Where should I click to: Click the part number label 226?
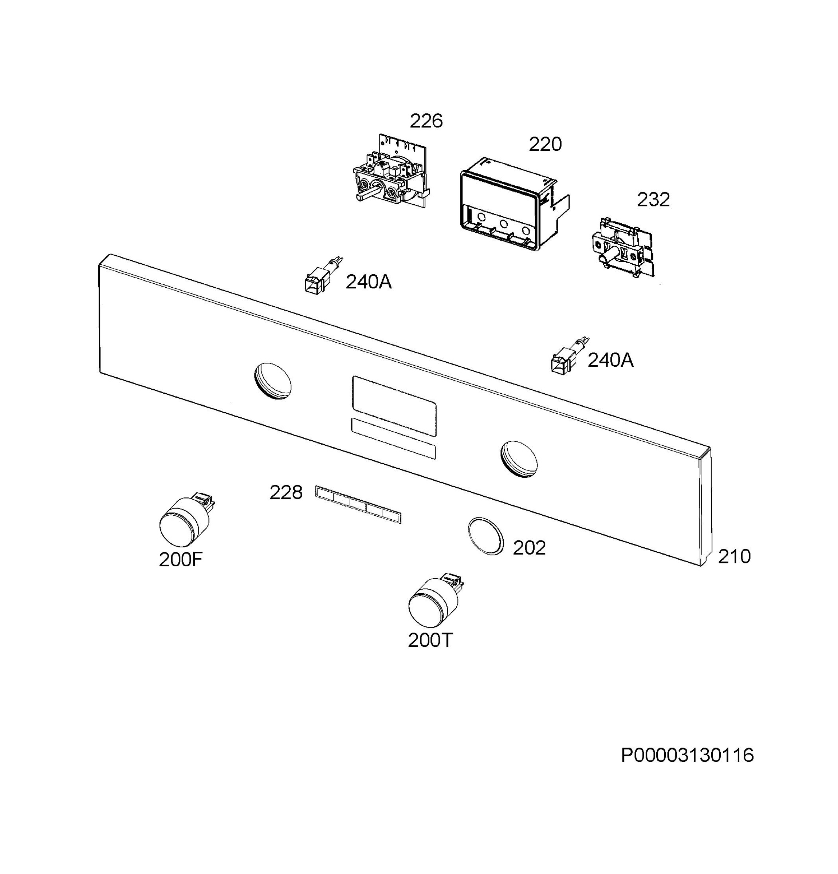click(x=426, y=121)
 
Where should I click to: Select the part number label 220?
click(x=545, y=144)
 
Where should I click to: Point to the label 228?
click(x=286, y=493)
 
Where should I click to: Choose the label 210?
click(x=734, y=556)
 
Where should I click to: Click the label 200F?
click(x=181, y=560)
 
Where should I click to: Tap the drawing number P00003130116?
click(x=687, y=755)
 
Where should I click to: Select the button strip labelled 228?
click(x=358, y=504)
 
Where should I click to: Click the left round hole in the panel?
click(x=272, y=380)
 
